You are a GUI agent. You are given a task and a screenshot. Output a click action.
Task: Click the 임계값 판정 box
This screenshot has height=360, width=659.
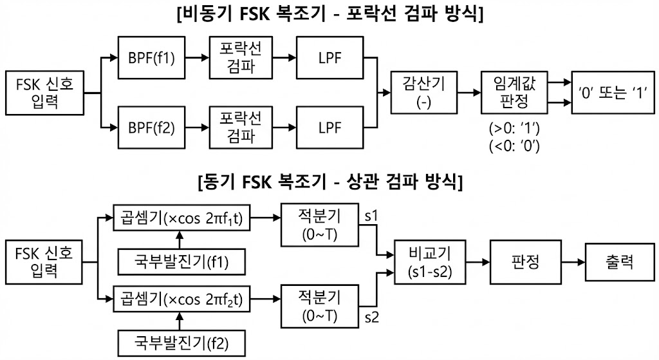click(513, 92)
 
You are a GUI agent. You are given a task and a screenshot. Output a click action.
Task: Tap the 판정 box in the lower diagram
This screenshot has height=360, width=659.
click(524, 263)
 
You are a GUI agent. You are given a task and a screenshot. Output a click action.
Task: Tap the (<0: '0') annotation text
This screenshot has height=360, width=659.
click(514, 146)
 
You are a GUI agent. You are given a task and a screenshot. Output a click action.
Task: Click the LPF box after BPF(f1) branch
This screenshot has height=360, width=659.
click(329, 57)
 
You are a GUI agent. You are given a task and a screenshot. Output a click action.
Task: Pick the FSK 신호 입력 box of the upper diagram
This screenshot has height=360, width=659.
click(44, 92)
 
